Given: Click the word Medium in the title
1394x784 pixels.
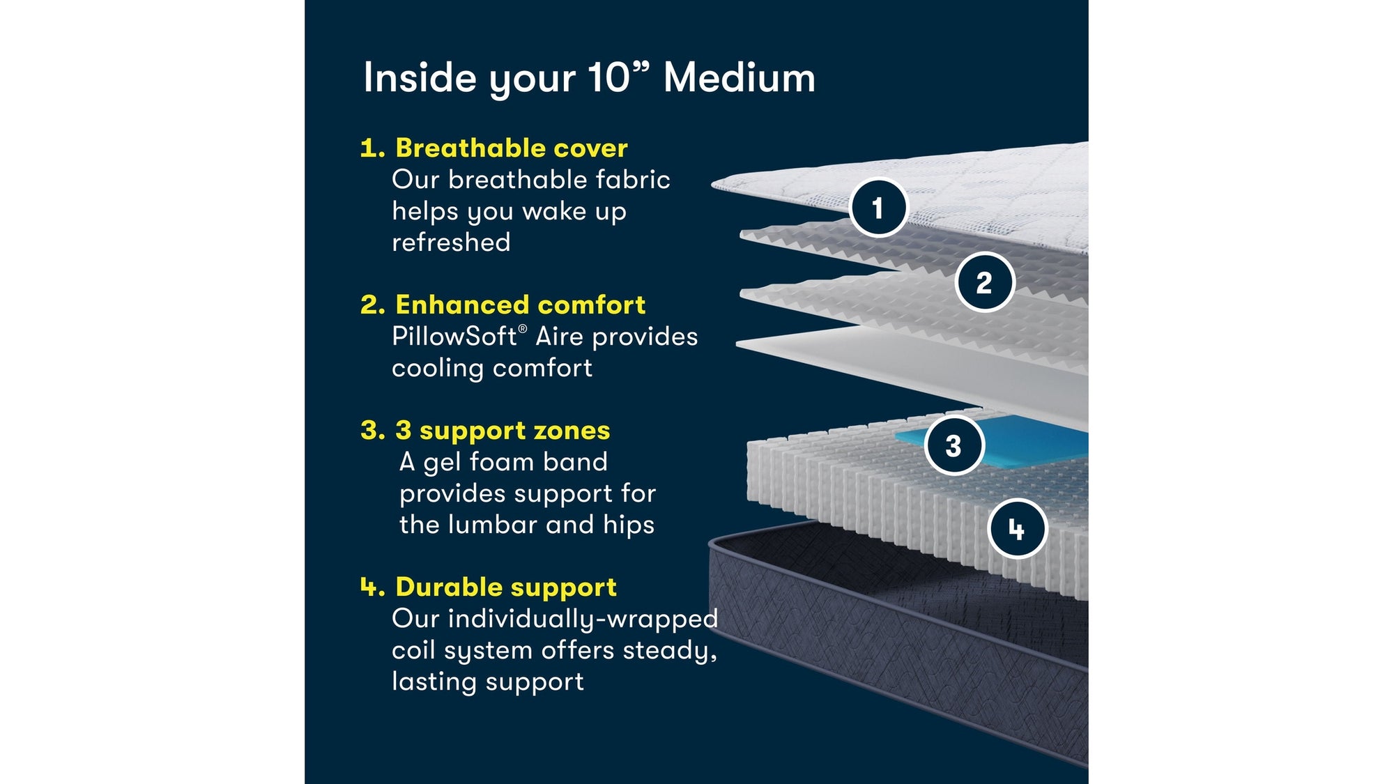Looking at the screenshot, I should click(739, 77).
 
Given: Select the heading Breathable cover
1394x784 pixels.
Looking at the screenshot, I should click(511, 148).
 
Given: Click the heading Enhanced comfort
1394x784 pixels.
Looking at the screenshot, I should click(520, 305).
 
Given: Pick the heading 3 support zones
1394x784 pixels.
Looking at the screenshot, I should click(502, 430).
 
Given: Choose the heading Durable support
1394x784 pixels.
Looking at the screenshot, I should click(505, 587).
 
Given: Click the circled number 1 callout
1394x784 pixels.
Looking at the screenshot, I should click(878, 208).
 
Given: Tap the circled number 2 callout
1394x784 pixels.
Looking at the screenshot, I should click(984, 282).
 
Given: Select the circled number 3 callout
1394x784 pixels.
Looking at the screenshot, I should click(953, 445).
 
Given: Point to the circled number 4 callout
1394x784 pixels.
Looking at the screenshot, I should click(1017, 530).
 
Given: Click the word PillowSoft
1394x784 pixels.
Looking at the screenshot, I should click(454, 337).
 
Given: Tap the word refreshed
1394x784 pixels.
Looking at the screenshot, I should click(451, 243).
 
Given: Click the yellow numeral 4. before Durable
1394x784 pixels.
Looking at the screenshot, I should click(372, 587).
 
